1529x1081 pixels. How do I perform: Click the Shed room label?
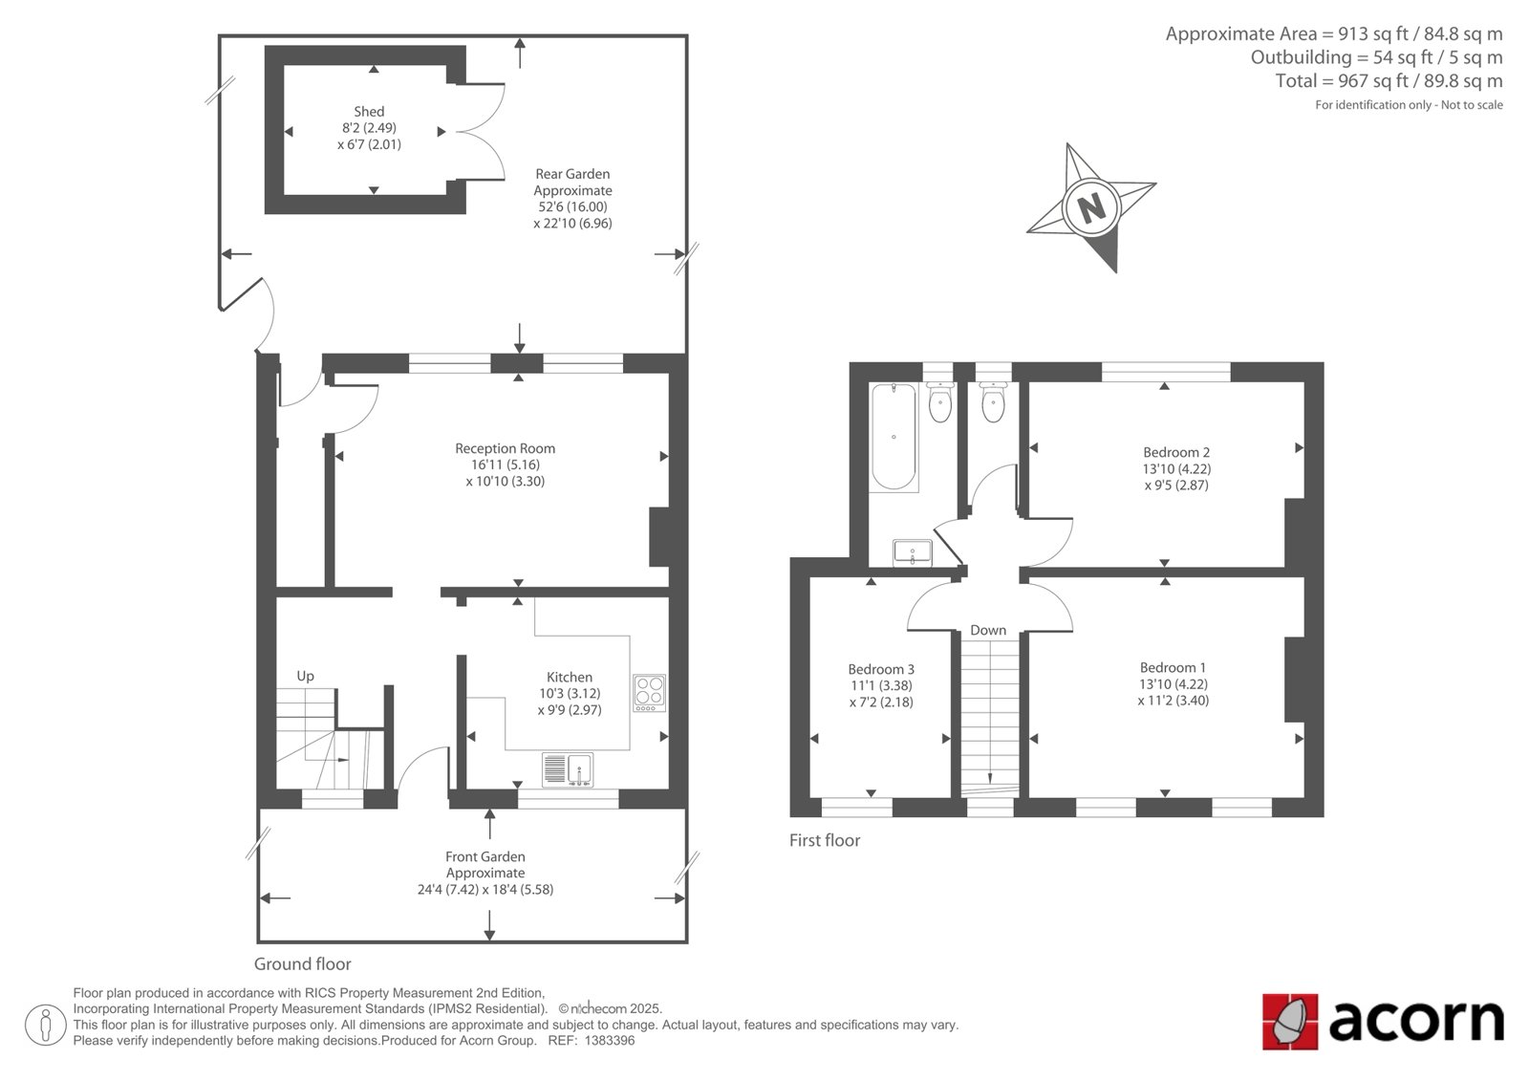click(369, 111)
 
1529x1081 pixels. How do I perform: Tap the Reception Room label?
click(506, 448)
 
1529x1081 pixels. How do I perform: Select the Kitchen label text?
click(570, 677)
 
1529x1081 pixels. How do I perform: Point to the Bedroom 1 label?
click(1173, 667)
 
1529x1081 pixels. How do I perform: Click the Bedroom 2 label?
click(1176, 452)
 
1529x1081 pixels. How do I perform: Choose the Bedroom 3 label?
click(880, 669)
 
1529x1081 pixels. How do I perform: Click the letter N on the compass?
click(1091, 206)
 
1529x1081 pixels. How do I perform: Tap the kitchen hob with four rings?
click(649, 693)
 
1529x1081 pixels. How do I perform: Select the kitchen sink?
click(568, 768)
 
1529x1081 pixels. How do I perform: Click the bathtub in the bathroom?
click(894, 437)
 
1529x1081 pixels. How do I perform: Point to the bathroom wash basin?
click(913, 553)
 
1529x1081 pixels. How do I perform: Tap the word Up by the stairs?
click(305, 676)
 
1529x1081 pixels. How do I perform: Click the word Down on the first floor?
click(988, 630)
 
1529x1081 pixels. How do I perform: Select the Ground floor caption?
click(302, 964)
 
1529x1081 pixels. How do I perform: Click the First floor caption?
click(825, 841)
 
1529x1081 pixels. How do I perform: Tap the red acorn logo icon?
click(1289, 1022)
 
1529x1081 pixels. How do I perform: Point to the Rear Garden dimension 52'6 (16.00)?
click(572, 206)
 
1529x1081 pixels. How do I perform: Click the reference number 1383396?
click(610, 1041)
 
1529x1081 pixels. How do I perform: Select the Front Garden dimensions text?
click(485, 890)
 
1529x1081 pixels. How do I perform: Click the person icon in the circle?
click(45, 1025)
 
